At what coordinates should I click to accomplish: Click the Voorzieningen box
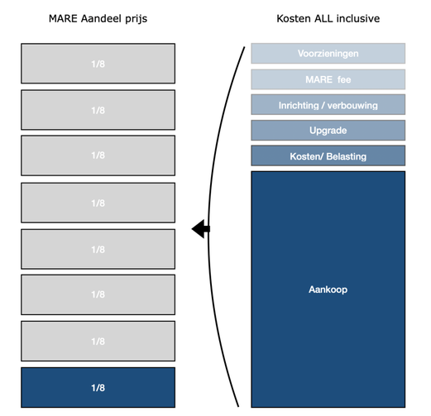tap(328, 53)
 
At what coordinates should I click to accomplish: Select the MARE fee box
tap(328, 79)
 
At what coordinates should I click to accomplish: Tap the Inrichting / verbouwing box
tap(328, 105)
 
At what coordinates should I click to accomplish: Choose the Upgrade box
tap(328, 130)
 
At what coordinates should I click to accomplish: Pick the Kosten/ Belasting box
tap(328, 155)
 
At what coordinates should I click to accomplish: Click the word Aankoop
tap(328, 289)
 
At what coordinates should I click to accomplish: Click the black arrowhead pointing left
tap(200, 229)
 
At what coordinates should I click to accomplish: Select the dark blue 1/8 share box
tap(98, 387)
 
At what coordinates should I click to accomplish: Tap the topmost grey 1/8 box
tap(98, 64)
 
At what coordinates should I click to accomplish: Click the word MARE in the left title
tap(63, 19)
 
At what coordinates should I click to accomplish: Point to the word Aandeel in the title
tap(101, 19)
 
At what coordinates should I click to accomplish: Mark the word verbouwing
tap(352, 105)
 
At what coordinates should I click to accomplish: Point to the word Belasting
tap(347, 156)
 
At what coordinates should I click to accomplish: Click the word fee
tap(344, 79)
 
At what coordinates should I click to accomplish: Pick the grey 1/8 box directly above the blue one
tap(98, 341)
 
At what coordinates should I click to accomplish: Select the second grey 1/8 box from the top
tap(98, 110)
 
